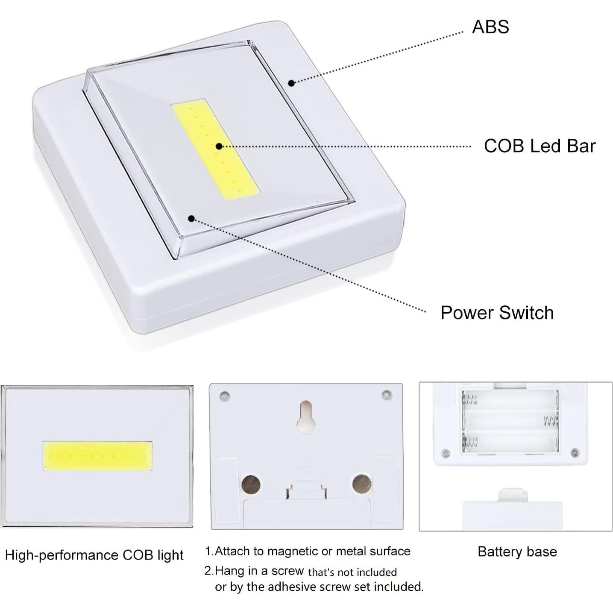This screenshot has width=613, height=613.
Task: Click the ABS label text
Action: tap(490, 27)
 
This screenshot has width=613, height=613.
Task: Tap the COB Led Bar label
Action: tap(539, 146)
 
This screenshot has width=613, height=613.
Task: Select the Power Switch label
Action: tap(497, 313)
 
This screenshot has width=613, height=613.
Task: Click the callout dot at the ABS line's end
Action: tap(291, 83)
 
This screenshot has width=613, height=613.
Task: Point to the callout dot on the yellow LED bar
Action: tap(219, 146)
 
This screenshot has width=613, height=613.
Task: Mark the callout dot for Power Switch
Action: tap(191, 219)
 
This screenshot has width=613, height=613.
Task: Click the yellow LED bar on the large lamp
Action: tap(216, 150)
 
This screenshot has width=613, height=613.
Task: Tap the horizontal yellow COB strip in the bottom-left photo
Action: tap(97, 456)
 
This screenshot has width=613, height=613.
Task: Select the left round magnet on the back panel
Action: tap(251, 484)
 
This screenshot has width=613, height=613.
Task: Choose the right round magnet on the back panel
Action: tap(361, 484)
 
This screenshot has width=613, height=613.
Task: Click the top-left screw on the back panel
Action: tap(225, 396)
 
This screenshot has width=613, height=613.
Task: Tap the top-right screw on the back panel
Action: tap(387, 395)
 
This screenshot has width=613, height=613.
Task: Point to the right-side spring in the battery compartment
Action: tap(551, 422)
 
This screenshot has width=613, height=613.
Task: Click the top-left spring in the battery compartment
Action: tap(470, 400)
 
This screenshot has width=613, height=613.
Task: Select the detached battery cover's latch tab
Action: tap(513, 495)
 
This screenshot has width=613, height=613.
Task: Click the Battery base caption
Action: tap(517, 551)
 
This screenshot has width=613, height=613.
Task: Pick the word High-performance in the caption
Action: tap(62, 555)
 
